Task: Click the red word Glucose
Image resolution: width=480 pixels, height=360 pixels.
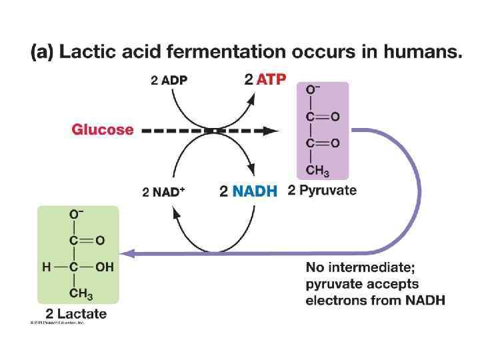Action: click(102, 130)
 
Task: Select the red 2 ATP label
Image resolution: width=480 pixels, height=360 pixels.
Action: click(265, 80)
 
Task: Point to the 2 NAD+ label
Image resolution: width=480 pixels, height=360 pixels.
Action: click(163, 192)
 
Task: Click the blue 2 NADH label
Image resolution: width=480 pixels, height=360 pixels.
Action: click(248, 192)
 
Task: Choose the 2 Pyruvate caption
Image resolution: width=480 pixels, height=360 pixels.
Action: click(322, 191)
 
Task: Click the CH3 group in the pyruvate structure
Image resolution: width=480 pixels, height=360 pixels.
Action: click(317, 171)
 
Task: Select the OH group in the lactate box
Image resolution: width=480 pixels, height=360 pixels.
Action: click(103, 267)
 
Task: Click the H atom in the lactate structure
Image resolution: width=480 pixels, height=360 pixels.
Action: click(46, 267)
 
